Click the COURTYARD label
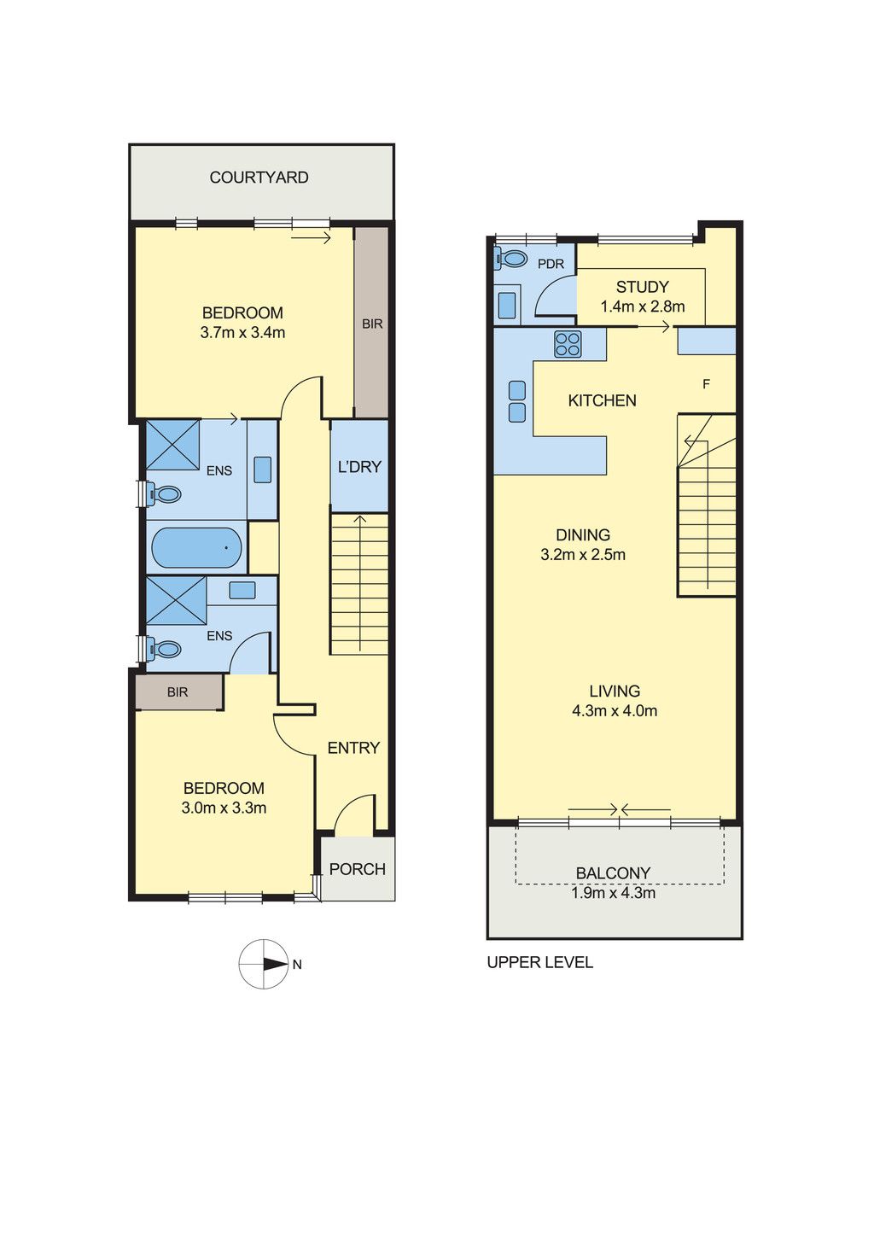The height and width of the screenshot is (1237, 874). click(259, 178)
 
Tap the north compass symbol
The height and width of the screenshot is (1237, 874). click(264, 964)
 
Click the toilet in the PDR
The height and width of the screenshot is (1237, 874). click(510, 258)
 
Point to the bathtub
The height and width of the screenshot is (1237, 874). click(197, 548)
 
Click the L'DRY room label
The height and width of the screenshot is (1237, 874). click(359, 467)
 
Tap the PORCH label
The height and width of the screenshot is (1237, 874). click(358, 869)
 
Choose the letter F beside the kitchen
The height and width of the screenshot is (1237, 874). click(706, 384)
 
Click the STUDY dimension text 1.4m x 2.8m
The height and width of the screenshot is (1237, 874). click(643, 306)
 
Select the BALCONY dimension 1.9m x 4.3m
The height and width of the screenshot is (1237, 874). click(613, 893)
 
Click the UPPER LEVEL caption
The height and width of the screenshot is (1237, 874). click(540, 963)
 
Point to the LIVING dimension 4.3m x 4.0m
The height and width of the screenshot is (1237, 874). click(615, 711)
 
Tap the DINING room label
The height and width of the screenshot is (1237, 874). click(583, 534)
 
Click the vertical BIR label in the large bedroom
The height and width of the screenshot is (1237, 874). click(372, 324)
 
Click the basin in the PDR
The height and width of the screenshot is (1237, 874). click(507, 305)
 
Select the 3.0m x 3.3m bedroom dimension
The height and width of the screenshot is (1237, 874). click(224, 808)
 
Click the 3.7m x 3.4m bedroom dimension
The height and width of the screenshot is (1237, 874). click(242, 333)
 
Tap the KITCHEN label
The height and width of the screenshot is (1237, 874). click(602, 400)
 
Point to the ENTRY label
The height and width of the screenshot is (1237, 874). click(353, 748)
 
